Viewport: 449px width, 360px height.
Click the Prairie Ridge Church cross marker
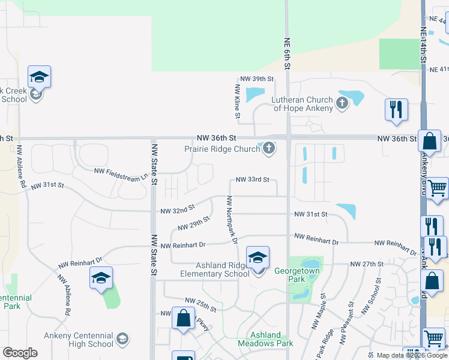click(268, 148)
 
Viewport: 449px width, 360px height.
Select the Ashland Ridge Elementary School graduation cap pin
click(258, 259)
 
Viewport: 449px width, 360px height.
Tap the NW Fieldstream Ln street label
click(121, 171)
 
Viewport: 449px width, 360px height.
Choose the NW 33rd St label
click(252, 179)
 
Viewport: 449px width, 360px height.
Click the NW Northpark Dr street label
click(232, 219)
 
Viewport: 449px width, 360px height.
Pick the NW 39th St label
click(256, 79)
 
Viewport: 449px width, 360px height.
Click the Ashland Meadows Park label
click(265, 339)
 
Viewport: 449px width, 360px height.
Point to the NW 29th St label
click(194, 224)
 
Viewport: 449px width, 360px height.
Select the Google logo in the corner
click(20, 353)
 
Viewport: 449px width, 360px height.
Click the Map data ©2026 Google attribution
click(412, 355)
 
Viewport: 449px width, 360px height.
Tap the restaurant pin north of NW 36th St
click(396, 110)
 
